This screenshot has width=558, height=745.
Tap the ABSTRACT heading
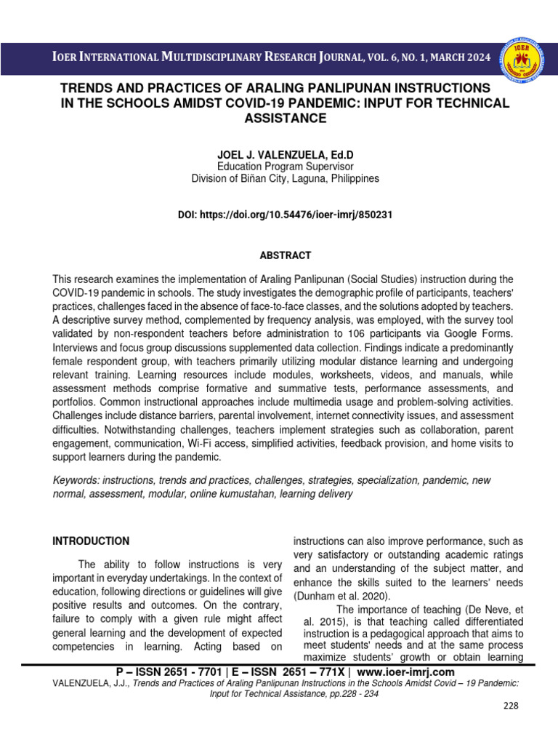[x=285, y=255]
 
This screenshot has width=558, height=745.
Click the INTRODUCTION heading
[x=92, y=541]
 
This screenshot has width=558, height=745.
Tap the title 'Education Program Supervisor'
[x=285, y=167]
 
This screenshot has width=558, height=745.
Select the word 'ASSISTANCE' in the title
[x=285, y=118]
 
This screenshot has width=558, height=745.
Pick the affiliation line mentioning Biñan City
[x=285, y=178]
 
